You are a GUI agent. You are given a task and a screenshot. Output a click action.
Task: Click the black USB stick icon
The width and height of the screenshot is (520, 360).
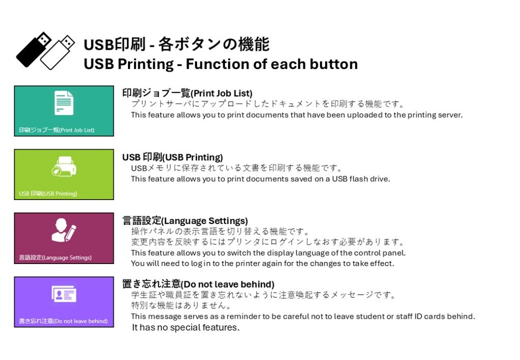[x=33, y=50]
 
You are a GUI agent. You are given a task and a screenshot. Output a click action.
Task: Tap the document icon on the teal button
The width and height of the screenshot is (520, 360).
[x=63, y=103]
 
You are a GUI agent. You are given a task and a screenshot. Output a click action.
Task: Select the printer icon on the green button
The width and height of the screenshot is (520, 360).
[x=64, y=167]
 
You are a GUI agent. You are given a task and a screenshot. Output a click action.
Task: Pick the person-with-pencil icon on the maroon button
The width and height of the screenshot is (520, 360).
[x=63, y=230]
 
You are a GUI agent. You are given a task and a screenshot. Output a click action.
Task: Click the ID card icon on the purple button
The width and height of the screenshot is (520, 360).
[x=63, y=293]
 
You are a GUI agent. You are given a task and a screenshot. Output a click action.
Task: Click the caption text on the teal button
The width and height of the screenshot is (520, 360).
[x=57, y=130]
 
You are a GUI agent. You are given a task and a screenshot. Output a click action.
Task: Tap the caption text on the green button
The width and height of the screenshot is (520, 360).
[x=48, y=193]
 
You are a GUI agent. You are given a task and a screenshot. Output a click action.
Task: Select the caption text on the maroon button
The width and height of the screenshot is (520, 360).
[x=55, y=257]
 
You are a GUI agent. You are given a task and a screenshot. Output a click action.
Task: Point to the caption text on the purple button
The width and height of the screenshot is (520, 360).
[x=63, y=321]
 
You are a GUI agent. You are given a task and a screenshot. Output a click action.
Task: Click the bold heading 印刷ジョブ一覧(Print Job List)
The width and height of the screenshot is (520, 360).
[x=187, y=93]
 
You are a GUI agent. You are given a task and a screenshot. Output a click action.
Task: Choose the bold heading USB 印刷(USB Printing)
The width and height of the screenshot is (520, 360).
[x=173, y=157]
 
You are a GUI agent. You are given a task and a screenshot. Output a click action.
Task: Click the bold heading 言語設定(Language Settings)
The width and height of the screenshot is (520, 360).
[x=185, y=220]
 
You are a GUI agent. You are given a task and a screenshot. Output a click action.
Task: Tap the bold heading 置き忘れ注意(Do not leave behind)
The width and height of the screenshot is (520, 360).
[x=199, y=284]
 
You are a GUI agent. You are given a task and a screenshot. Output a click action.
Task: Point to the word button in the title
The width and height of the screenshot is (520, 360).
[x=334, y=64]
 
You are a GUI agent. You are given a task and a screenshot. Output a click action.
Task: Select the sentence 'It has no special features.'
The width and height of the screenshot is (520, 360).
[x=186, y=328]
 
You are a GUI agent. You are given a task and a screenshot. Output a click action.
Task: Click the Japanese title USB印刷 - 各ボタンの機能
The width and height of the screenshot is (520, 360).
[x=176, y=44]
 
